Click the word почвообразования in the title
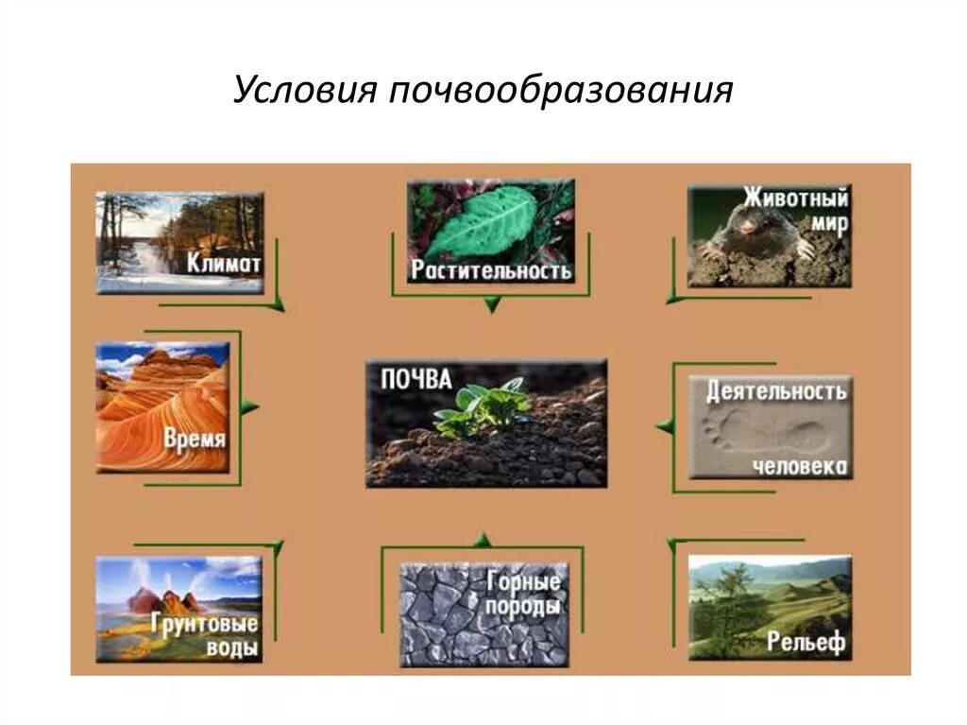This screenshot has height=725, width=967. click(558, 93)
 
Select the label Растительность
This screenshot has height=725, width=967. click(491, 271)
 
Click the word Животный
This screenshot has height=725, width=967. click(795, 199)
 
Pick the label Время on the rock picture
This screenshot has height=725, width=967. click(195, 440)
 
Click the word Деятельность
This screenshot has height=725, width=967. click(776, 391)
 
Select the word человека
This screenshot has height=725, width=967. click(801, 467)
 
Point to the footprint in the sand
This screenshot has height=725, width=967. click(727, 434)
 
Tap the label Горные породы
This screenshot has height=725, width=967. click(524, 594)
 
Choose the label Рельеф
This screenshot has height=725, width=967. click(806, 643)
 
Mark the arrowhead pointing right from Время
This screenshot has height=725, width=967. click(249, 407)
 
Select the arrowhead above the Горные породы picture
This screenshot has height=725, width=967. click(483, 540)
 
